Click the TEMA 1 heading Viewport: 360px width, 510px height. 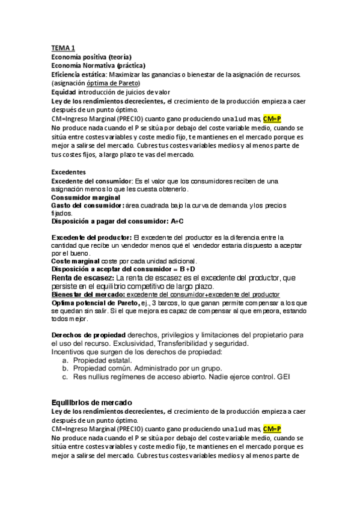click(63, 48)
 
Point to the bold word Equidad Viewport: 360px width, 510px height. click(63, 92)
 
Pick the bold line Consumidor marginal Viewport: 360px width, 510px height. click(85, 197)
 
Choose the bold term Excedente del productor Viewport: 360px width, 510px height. click(91, 236)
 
